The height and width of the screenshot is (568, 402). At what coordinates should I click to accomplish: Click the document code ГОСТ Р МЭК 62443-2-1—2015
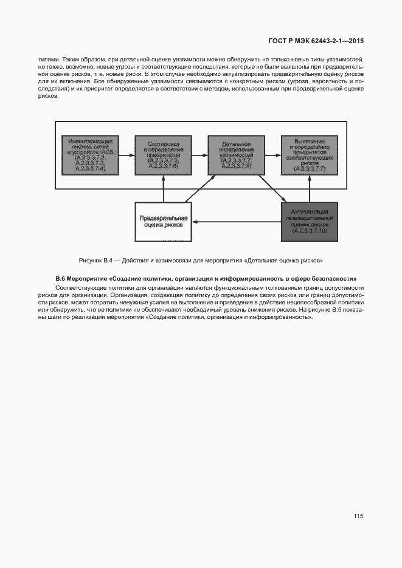316,42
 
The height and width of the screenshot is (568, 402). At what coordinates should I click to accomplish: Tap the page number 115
358,516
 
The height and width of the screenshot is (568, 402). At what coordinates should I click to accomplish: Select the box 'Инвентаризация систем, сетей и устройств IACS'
90,155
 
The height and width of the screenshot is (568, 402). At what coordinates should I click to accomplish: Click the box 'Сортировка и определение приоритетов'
163,155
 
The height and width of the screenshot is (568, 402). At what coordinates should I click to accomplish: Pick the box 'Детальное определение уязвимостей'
236,155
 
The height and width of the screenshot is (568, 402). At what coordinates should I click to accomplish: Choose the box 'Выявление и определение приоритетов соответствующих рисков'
309,155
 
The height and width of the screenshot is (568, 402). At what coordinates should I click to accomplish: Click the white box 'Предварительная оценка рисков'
163,221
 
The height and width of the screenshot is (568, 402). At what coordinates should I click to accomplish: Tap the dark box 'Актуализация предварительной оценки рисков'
309,221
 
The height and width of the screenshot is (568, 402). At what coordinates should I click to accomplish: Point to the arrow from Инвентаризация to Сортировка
126,155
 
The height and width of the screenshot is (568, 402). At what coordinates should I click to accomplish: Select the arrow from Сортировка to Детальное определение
199,155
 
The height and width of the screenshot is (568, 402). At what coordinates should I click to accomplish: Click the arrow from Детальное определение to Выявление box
272,155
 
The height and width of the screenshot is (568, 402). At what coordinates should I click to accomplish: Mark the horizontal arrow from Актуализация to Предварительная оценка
237,222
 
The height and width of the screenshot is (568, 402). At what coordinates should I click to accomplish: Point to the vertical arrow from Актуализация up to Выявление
309,188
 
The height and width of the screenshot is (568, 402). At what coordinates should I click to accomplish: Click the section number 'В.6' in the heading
60,278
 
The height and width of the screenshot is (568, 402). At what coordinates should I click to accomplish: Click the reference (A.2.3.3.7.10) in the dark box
309,231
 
